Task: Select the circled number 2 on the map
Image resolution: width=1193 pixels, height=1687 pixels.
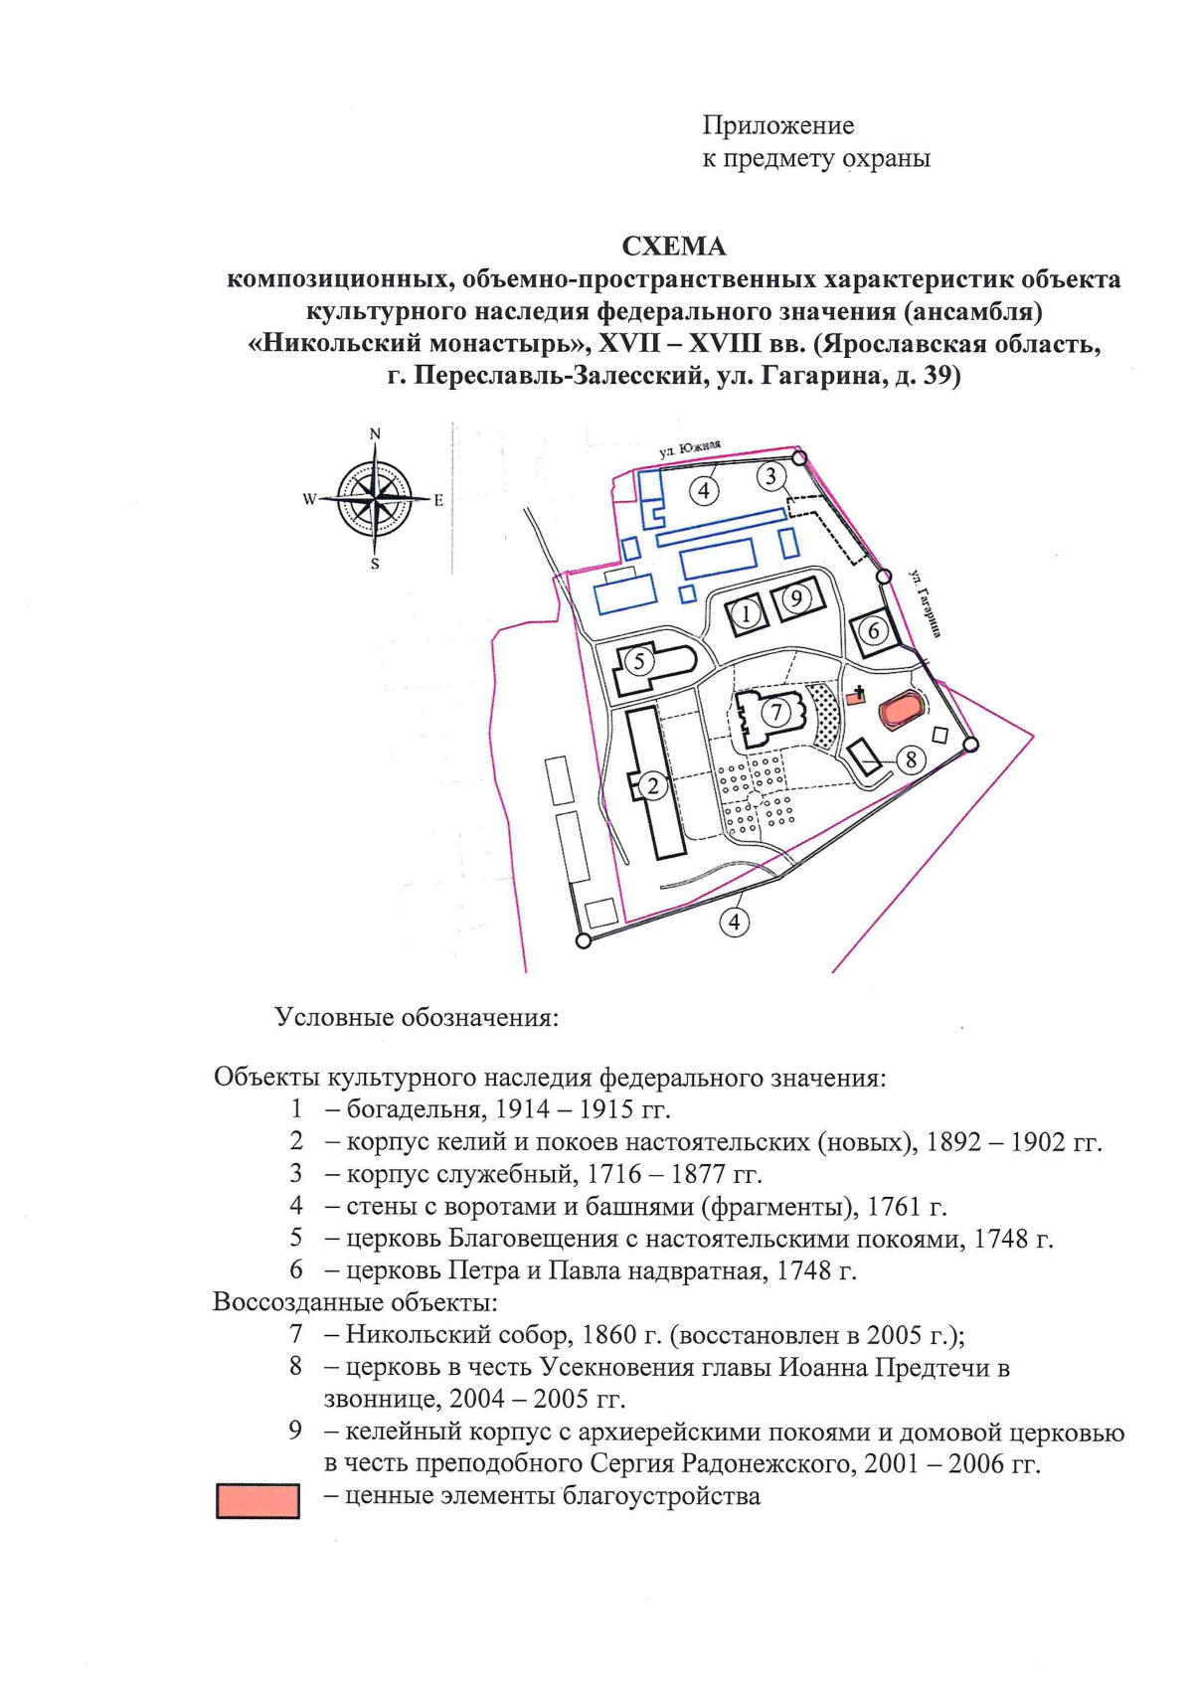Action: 653,785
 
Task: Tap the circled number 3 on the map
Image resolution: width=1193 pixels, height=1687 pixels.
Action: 770,476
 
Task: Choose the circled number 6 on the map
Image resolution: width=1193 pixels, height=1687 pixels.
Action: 873,630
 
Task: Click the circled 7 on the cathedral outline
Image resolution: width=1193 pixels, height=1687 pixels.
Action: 776,712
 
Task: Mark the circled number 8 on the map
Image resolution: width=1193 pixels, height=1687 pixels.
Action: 911,759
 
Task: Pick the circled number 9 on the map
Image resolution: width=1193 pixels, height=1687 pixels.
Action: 795,598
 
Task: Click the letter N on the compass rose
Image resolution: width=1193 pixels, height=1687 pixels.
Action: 375,433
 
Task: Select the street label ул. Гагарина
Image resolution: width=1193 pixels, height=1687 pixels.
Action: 925,602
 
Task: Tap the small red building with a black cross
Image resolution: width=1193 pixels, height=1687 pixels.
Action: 856,696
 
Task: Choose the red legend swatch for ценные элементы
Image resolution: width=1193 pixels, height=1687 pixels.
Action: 257,1501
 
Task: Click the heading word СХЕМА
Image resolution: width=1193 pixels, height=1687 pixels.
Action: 673,246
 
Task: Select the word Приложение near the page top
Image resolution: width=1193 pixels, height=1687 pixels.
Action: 778,125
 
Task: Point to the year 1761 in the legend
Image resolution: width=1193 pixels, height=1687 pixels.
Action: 898,1207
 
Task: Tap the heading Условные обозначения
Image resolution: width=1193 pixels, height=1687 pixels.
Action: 417,1018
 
